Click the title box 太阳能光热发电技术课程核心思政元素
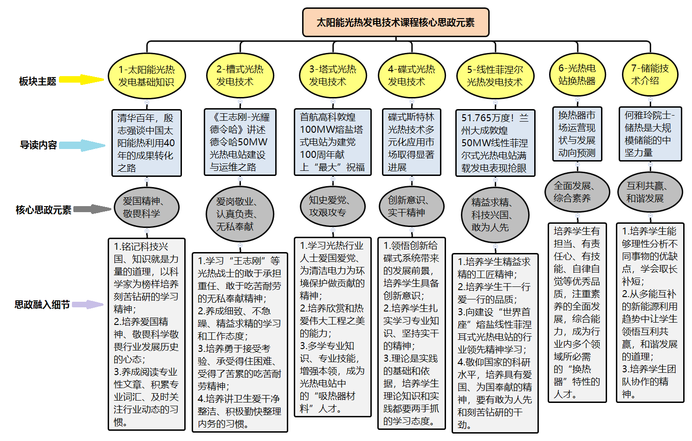point(395,22)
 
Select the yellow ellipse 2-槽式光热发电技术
point(240,76)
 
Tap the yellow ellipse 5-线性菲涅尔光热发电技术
point(495,76)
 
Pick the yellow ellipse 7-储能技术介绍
point(650,75)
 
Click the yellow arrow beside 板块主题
point(82,79)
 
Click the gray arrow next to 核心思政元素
point(92,209)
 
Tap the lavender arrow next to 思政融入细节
point(88,305)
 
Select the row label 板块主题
point(38,81)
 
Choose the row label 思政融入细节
point(42,305)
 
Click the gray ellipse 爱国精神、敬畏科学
point(146,207)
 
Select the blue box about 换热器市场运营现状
point(577,134)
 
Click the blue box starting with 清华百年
point(146,143)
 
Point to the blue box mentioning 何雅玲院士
point(650,134)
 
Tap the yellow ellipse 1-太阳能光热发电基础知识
point(147,76)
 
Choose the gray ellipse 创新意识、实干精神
point(411,206)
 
